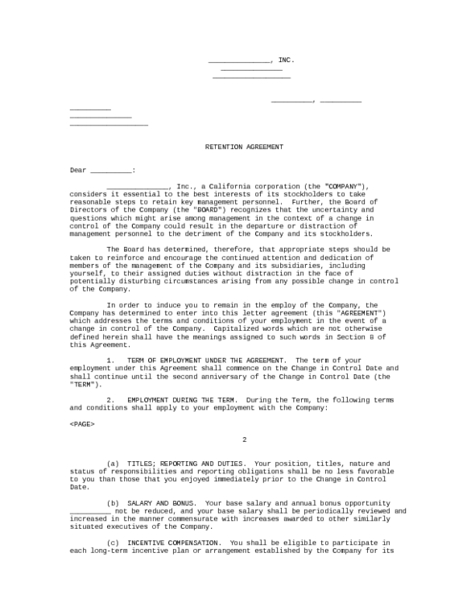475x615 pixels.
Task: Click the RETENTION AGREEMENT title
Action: click(244, 147)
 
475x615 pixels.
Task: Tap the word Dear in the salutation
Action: click(77, 170)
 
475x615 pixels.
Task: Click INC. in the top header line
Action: click(287, 60)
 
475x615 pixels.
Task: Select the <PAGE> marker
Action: click(82, 423)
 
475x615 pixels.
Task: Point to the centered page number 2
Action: click(244, 440)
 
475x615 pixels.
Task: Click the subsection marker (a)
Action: click(113, 464)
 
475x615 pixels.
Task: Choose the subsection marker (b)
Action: click(113, 503)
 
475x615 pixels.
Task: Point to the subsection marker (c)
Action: click(113, 543)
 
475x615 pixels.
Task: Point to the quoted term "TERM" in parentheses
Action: click(85, 383)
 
